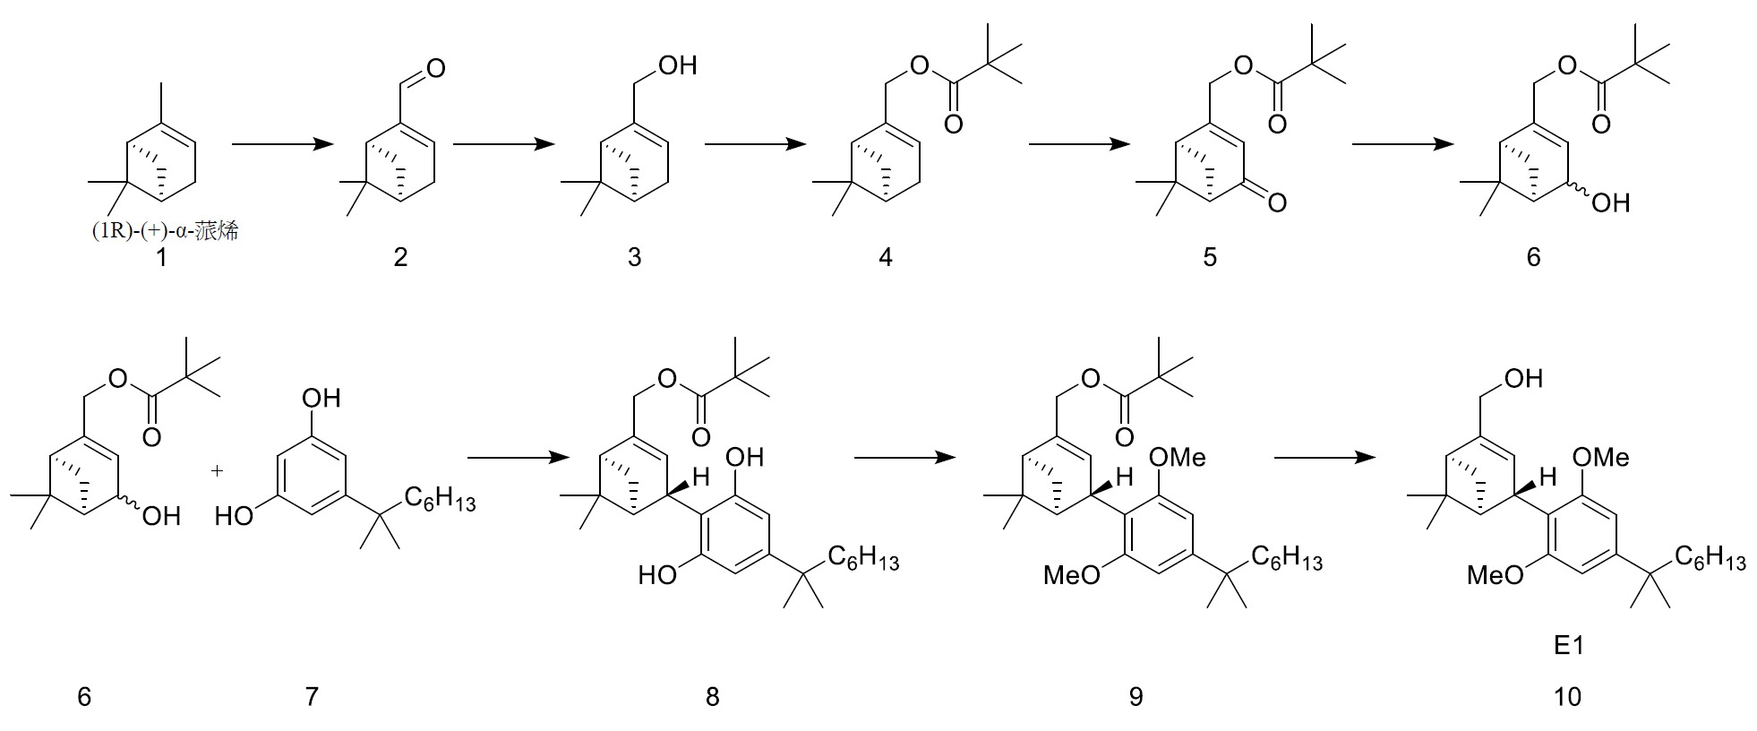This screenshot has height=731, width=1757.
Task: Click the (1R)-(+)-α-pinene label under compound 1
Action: [x=165, y=231]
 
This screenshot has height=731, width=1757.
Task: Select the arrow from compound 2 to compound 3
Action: [x=504, y=143]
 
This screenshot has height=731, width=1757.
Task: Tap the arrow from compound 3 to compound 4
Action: [x=756, y=143]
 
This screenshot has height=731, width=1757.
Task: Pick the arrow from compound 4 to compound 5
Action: [x=1080, y=143]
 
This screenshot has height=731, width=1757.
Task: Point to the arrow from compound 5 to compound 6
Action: [x=1403, y=143]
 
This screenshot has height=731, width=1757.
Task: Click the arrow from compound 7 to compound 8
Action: [x=519, y=458]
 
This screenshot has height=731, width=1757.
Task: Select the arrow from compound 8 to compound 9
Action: [x=905, y=458]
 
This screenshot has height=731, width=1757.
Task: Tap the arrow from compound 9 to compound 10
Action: [x=1324, y=458]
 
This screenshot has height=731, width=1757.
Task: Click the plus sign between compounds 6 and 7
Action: [x=218, y=469]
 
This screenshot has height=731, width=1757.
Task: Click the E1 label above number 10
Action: [x=1569, y=645]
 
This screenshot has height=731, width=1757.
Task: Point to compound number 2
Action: [x=400, y=258]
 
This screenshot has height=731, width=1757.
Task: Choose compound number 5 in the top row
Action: [x=1210, y=258]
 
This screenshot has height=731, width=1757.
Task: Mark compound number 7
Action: [x=312, y=696]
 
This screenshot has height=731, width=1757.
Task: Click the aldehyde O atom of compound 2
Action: [x=436, y=66]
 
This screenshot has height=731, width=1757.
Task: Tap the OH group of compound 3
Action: [x=677, y=65]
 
